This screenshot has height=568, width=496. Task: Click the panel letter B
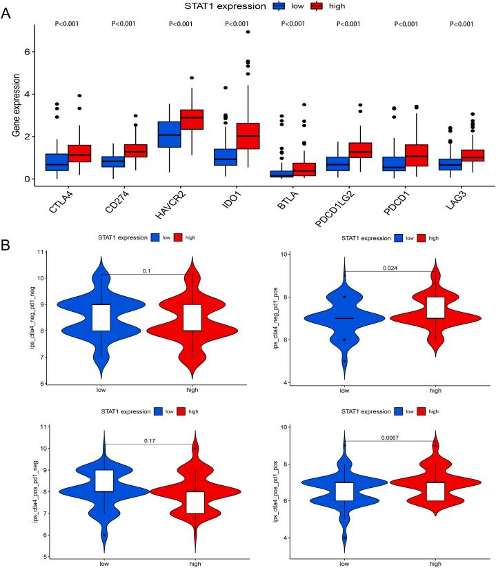point(6,226)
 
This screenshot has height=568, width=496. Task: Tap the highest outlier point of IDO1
point(248,32)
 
